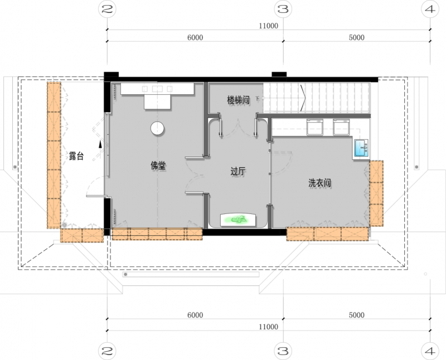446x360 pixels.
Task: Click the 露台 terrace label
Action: [x=76, y=156]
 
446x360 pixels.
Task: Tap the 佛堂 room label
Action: [x=158, y=165]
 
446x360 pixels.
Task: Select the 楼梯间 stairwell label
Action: [x=239, y=100]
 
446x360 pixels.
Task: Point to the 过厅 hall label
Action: [x=238, y=171]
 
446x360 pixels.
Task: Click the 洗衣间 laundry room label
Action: [x=320, y=183]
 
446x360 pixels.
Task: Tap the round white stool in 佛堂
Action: [x=157, y=128]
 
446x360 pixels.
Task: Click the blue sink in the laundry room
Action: [x=361, y=148]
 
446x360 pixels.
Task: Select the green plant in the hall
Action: [x=239, y=220]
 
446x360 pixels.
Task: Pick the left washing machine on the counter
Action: [x=315, y=127]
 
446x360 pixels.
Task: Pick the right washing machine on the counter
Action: [x=341, y=127]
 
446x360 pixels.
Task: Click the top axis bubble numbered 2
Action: [x=107, y=9]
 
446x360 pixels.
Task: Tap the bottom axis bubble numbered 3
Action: [x=283, y=351]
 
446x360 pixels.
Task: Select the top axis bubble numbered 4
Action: [x=430, y=9]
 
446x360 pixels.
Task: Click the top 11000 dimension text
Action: [x=269, y=26]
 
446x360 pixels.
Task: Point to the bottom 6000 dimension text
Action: [x=195, y=315]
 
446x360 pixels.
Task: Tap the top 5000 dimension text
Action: [x=357, y=37]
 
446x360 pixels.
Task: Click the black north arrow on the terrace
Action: [x=100, y=144]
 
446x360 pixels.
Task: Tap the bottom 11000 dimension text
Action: [x=269, y=327]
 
